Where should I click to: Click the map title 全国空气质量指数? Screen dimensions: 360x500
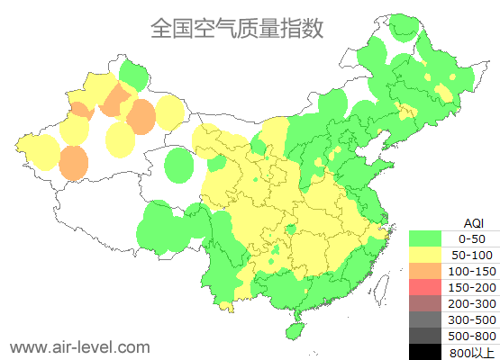coord(236,28)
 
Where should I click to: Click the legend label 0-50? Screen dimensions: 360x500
coord(471,238)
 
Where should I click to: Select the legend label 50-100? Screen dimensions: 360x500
coord(471,255)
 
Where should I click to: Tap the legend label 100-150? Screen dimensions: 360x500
coord(471,271)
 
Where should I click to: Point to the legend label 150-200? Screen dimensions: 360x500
coord(471,287)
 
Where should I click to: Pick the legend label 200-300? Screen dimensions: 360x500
coord(471,303)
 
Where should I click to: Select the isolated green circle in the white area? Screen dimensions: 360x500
coord(180,166)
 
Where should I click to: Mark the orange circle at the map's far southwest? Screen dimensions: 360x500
coord(74,162)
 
